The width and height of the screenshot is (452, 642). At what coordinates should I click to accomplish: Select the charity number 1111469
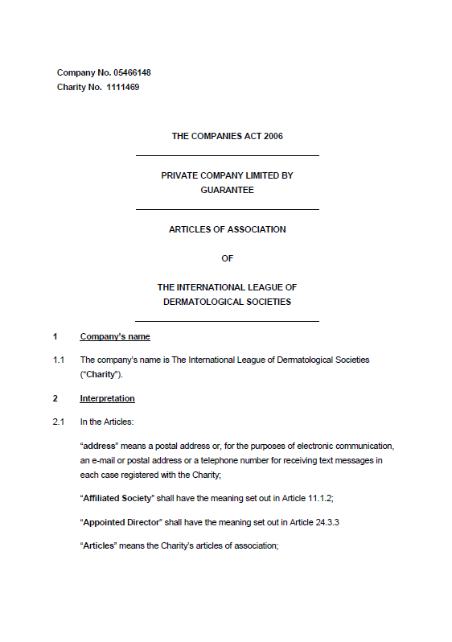click(x=123, y=87)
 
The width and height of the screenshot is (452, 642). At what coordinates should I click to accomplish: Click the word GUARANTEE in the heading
click(x=227, y=190)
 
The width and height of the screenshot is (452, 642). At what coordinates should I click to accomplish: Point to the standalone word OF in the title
click(x=227, y=258)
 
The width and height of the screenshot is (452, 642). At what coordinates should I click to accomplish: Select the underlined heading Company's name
click(x=115, y=336)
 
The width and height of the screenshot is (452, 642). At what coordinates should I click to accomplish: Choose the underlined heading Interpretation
click(x=107, y=398)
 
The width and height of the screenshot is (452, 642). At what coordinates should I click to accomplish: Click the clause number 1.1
click(x=59, y=360)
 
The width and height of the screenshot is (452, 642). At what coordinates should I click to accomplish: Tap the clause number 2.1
click(x=59, y=422)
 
